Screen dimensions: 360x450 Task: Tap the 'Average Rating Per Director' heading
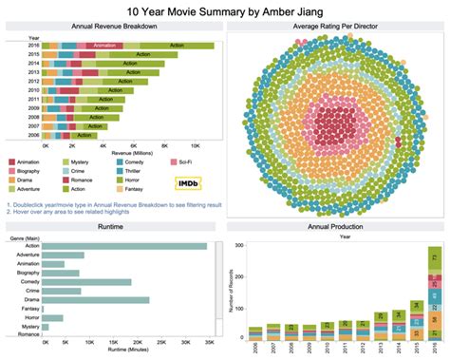click(x=337, y=28)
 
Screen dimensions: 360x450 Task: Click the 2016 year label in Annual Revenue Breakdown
click(x=33, y=44)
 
